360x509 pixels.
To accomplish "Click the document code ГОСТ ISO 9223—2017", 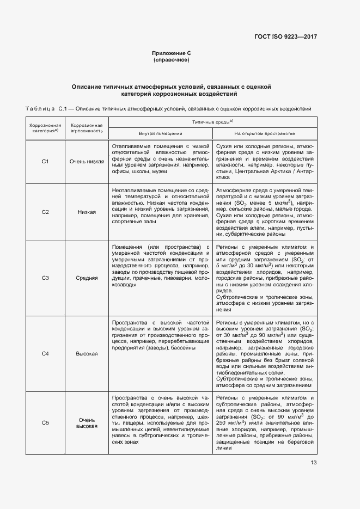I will [285, 36].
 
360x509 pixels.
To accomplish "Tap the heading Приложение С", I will [172, 53].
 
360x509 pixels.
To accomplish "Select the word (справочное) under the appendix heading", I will [172, 59].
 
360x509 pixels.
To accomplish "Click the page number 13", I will [313, 463].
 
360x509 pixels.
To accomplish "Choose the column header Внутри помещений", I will [160, 133].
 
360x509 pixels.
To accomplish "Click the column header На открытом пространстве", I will [265, 133].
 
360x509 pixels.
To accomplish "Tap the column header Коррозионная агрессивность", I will [87, 128].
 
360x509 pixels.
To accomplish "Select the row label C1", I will [46, 162].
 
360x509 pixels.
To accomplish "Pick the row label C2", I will [46, 212].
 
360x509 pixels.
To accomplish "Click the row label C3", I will [46, 278].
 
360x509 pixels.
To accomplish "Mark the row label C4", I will [46, 354].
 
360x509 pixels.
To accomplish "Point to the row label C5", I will [46, 423].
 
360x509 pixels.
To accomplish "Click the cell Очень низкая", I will [87, 162].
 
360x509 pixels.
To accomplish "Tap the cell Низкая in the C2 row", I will [87, 212].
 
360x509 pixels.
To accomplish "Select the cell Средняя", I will [87, 278].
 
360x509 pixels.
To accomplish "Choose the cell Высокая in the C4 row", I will [87, 354].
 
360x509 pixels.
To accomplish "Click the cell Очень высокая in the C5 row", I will [87, 423].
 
